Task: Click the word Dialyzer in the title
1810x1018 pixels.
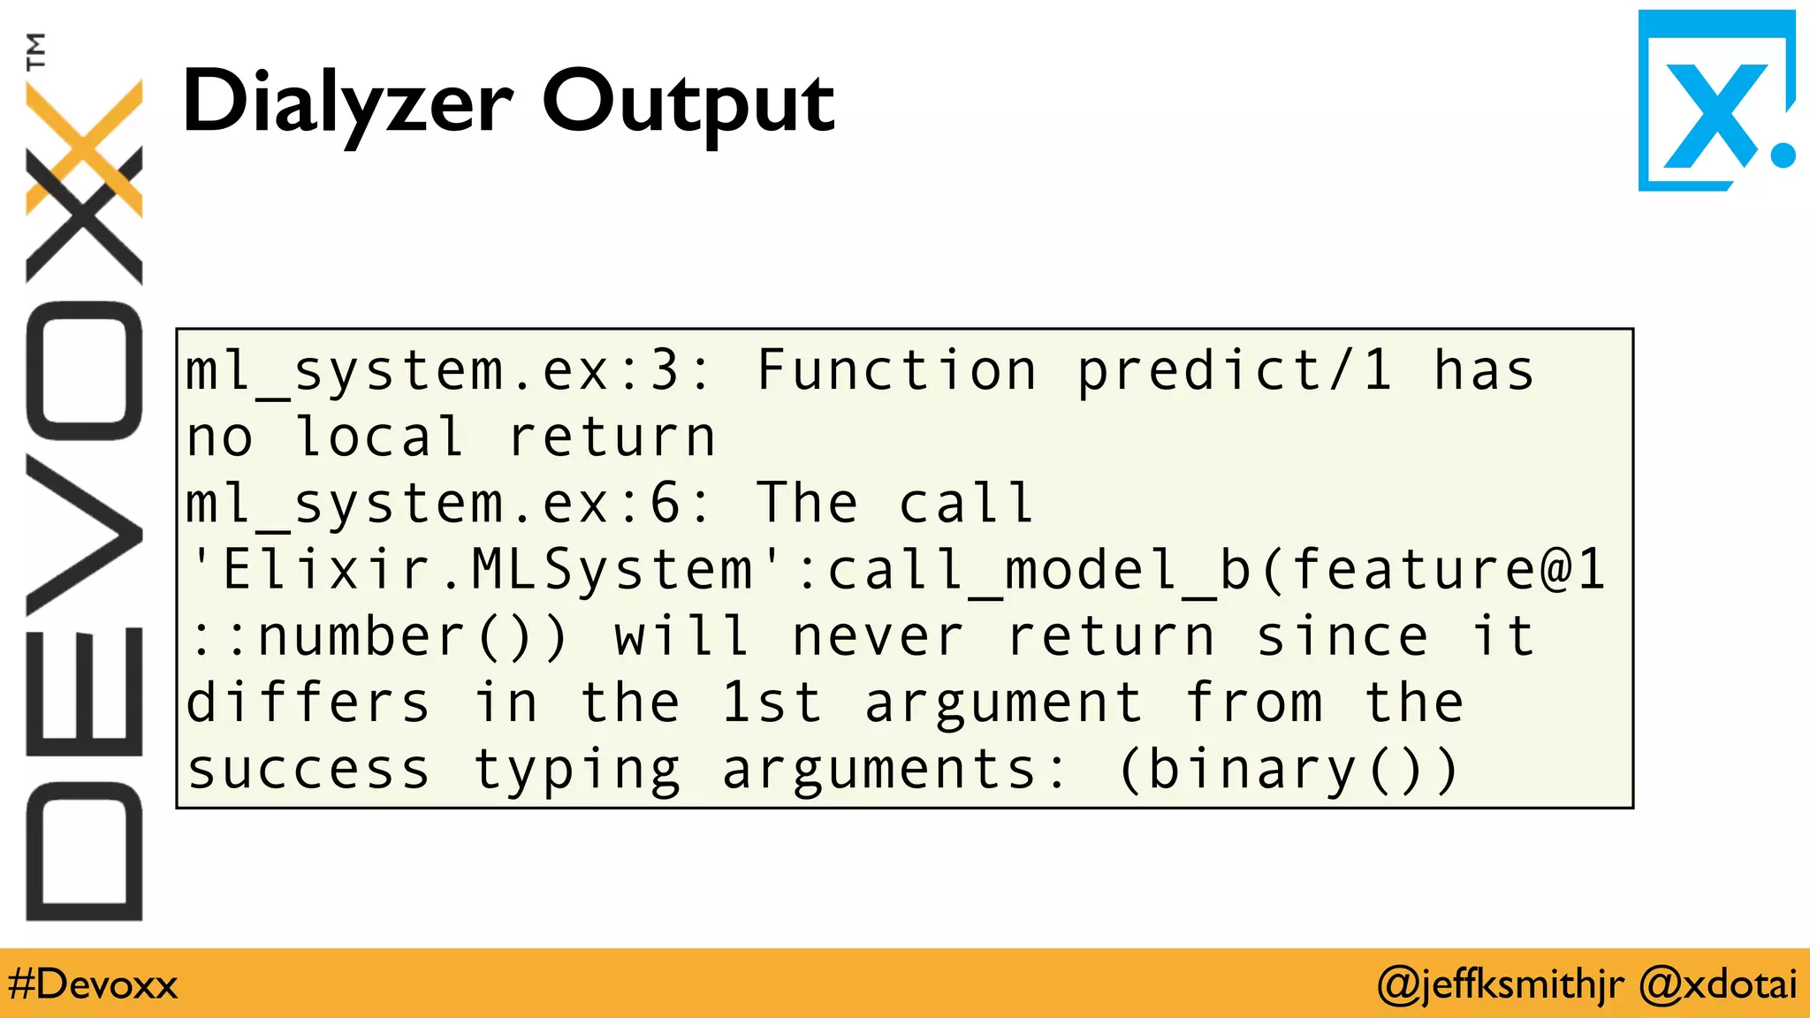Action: point(346,103)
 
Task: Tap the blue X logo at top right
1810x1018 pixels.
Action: point(1715,101)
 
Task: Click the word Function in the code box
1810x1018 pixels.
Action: point(896,371)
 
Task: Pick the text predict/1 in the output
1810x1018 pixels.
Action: point(1234,371)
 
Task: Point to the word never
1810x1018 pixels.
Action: point(877,637)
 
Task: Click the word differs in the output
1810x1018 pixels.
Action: point(308,703)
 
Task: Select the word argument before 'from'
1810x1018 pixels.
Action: point(1002,703)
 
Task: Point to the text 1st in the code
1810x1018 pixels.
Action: point(772,703)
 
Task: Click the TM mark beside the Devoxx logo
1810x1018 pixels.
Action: point(35,51)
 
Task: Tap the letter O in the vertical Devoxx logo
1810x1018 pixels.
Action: point(84,371)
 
